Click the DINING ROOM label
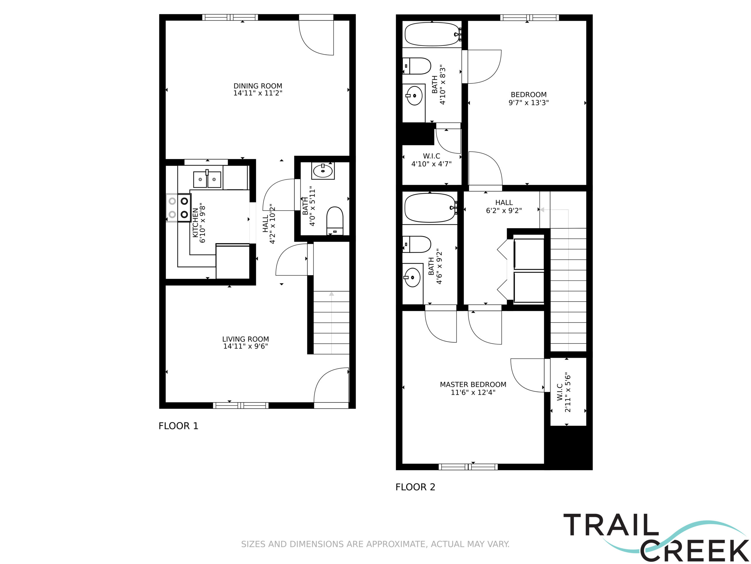tap(258, 86)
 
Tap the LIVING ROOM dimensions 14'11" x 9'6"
tap(246, 346)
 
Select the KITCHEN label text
tap(195, 223)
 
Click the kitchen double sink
tap(207, 179)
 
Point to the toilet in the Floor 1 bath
tap(335, 221)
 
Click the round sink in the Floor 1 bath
tap(322, 171)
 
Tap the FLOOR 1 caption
tap(178, 426)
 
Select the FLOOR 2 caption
tap(415, 487)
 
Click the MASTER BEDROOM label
tap(473, 385)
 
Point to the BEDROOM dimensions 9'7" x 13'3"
tap(529, 103)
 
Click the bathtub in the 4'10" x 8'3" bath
tap(432, 34)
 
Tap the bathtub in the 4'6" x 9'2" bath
tap(430, 208)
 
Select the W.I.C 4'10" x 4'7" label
tap(432, 160)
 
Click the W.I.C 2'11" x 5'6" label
tap(564, 392)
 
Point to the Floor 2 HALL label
tap(504, 203)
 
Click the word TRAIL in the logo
tap(611, 525)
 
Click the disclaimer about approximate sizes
tap(375, 544)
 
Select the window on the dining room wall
tap(230, 17)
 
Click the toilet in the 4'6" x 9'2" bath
tap(417, 244)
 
